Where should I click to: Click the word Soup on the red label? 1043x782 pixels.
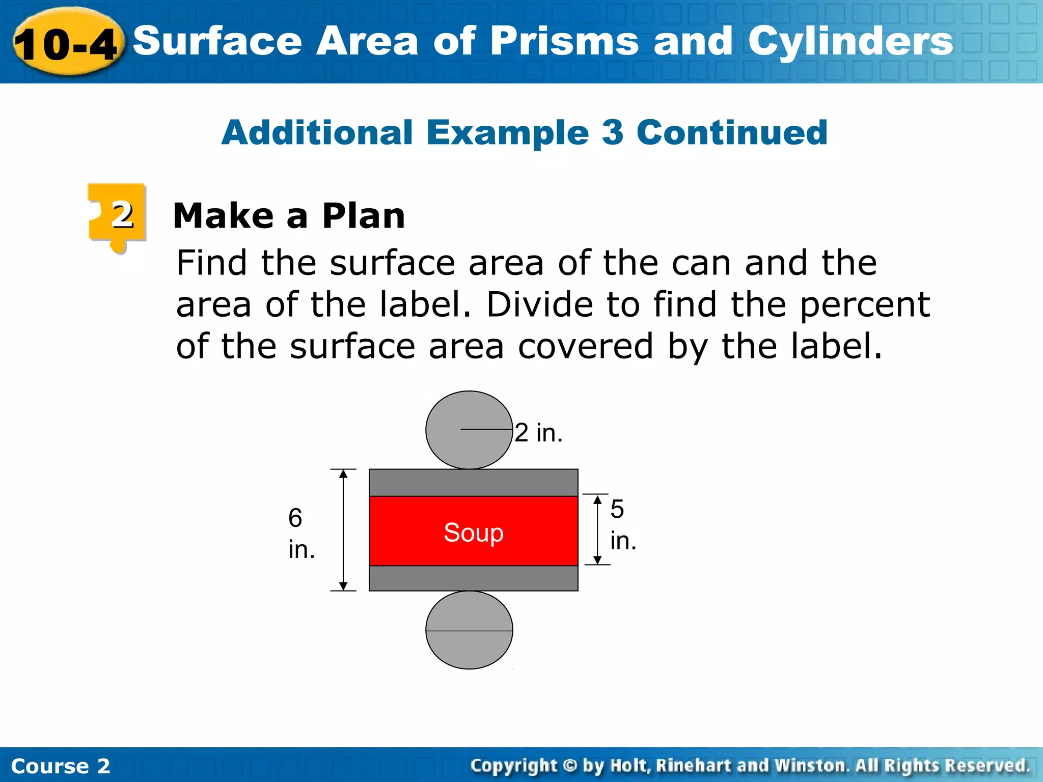pos(474,533)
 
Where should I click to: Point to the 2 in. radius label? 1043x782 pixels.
pos(538,433)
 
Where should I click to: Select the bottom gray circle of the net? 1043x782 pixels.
pos(469,630)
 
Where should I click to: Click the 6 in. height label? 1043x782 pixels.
pos(301,533)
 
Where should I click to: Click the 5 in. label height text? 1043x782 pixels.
pos(623,524)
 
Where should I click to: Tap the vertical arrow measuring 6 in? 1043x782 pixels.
pos(343,529)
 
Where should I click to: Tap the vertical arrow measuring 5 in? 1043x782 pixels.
pos(597,529)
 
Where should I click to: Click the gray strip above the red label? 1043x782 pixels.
pos(474,483)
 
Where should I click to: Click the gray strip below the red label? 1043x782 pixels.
pos(474,578)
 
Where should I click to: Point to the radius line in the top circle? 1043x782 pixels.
pos(486,430)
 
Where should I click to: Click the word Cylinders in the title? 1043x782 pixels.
pos(850,42)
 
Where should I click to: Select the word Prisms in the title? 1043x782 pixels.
pos(564,42)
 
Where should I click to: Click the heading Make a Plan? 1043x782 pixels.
pos(289,216)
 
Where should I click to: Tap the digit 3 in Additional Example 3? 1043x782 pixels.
pos(612,132)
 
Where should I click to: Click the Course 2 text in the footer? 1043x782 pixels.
pos(60,766)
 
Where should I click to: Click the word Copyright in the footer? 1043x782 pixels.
pos(514,766)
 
